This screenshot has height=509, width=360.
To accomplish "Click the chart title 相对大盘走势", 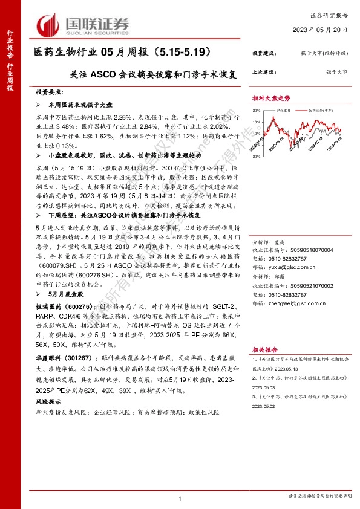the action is pos(271,97).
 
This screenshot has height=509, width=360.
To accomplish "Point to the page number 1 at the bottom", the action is pos(180,498).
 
